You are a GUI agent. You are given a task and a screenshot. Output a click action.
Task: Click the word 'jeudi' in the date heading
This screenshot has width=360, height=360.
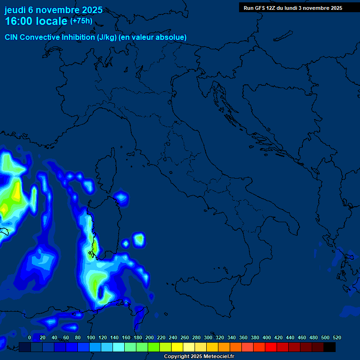pos(15,10)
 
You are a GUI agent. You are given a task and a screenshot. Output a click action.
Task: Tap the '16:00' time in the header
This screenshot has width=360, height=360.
pos(19,22)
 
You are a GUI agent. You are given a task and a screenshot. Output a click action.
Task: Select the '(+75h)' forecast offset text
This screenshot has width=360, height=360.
pos(81,21)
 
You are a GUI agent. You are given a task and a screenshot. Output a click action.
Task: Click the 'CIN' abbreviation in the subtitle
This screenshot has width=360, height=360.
pos(12,37)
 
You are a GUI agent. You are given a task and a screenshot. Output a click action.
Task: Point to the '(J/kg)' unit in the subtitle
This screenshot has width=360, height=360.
pos(109,37)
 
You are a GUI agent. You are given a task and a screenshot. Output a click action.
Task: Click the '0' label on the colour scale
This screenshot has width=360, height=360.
pos(30,337)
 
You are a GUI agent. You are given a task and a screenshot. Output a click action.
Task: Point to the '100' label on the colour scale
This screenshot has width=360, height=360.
pos(90,337)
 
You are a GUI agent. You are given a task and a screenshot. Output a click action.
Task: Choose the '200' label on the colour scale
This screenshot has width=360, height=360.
pos(149,337)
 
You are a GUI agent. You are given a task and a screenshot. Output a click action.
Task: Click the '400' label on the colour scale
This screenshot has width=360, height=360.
pos(266,337)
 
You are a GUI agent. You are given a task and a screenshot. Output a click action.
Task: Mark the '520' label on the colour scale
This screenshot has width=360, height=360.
pos(337,337)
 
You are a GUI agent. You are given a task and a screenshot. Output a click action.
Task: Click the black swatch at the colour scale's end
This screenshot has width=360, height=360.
pos(330,347)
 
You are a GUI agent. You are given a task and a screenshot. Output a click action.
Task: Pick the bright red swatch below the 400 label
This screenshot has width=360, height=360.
pos(271,347)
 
